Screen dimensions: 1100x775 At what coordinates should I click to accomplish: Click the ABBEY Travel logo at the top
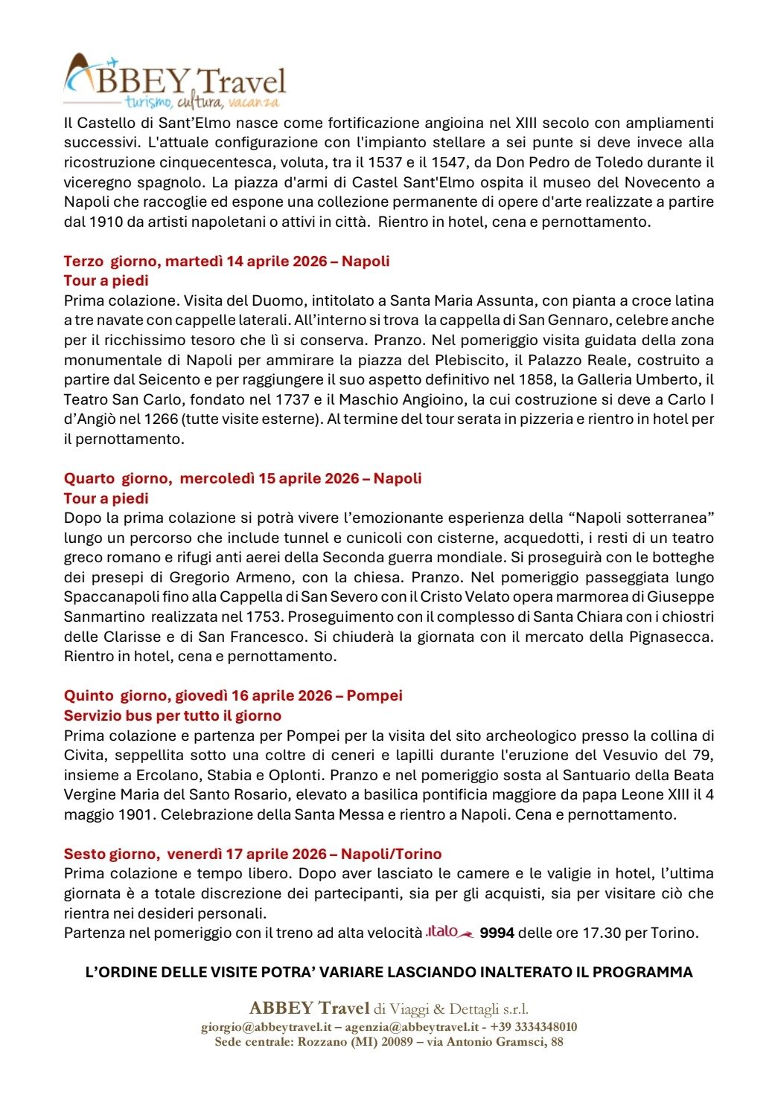[175, 80]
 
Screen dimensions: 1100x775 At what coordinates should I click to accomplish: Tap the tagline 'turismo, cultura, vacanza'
[202, 102]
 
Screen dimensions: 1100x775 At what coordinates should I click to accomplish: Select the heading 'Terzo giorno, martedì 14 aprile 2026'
[226, 261]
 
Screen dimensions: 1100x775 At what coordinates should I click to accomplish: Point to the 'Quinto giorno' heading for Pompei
[232, 695]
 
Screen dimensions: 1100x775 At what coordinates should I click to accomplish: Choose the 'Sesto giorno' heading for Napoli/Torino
[252, 854]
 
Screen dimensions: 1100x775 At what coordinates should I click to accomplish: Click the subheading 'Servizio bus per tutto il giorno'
[172, 715]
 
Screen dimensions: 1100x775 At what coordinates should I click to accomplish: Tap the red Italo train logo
[449, 932]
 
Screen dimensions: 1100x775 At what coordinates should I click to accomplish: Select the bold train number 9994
[497, 933]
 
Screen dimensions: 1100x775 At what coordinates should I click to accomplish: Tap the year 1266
[161, 419]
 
